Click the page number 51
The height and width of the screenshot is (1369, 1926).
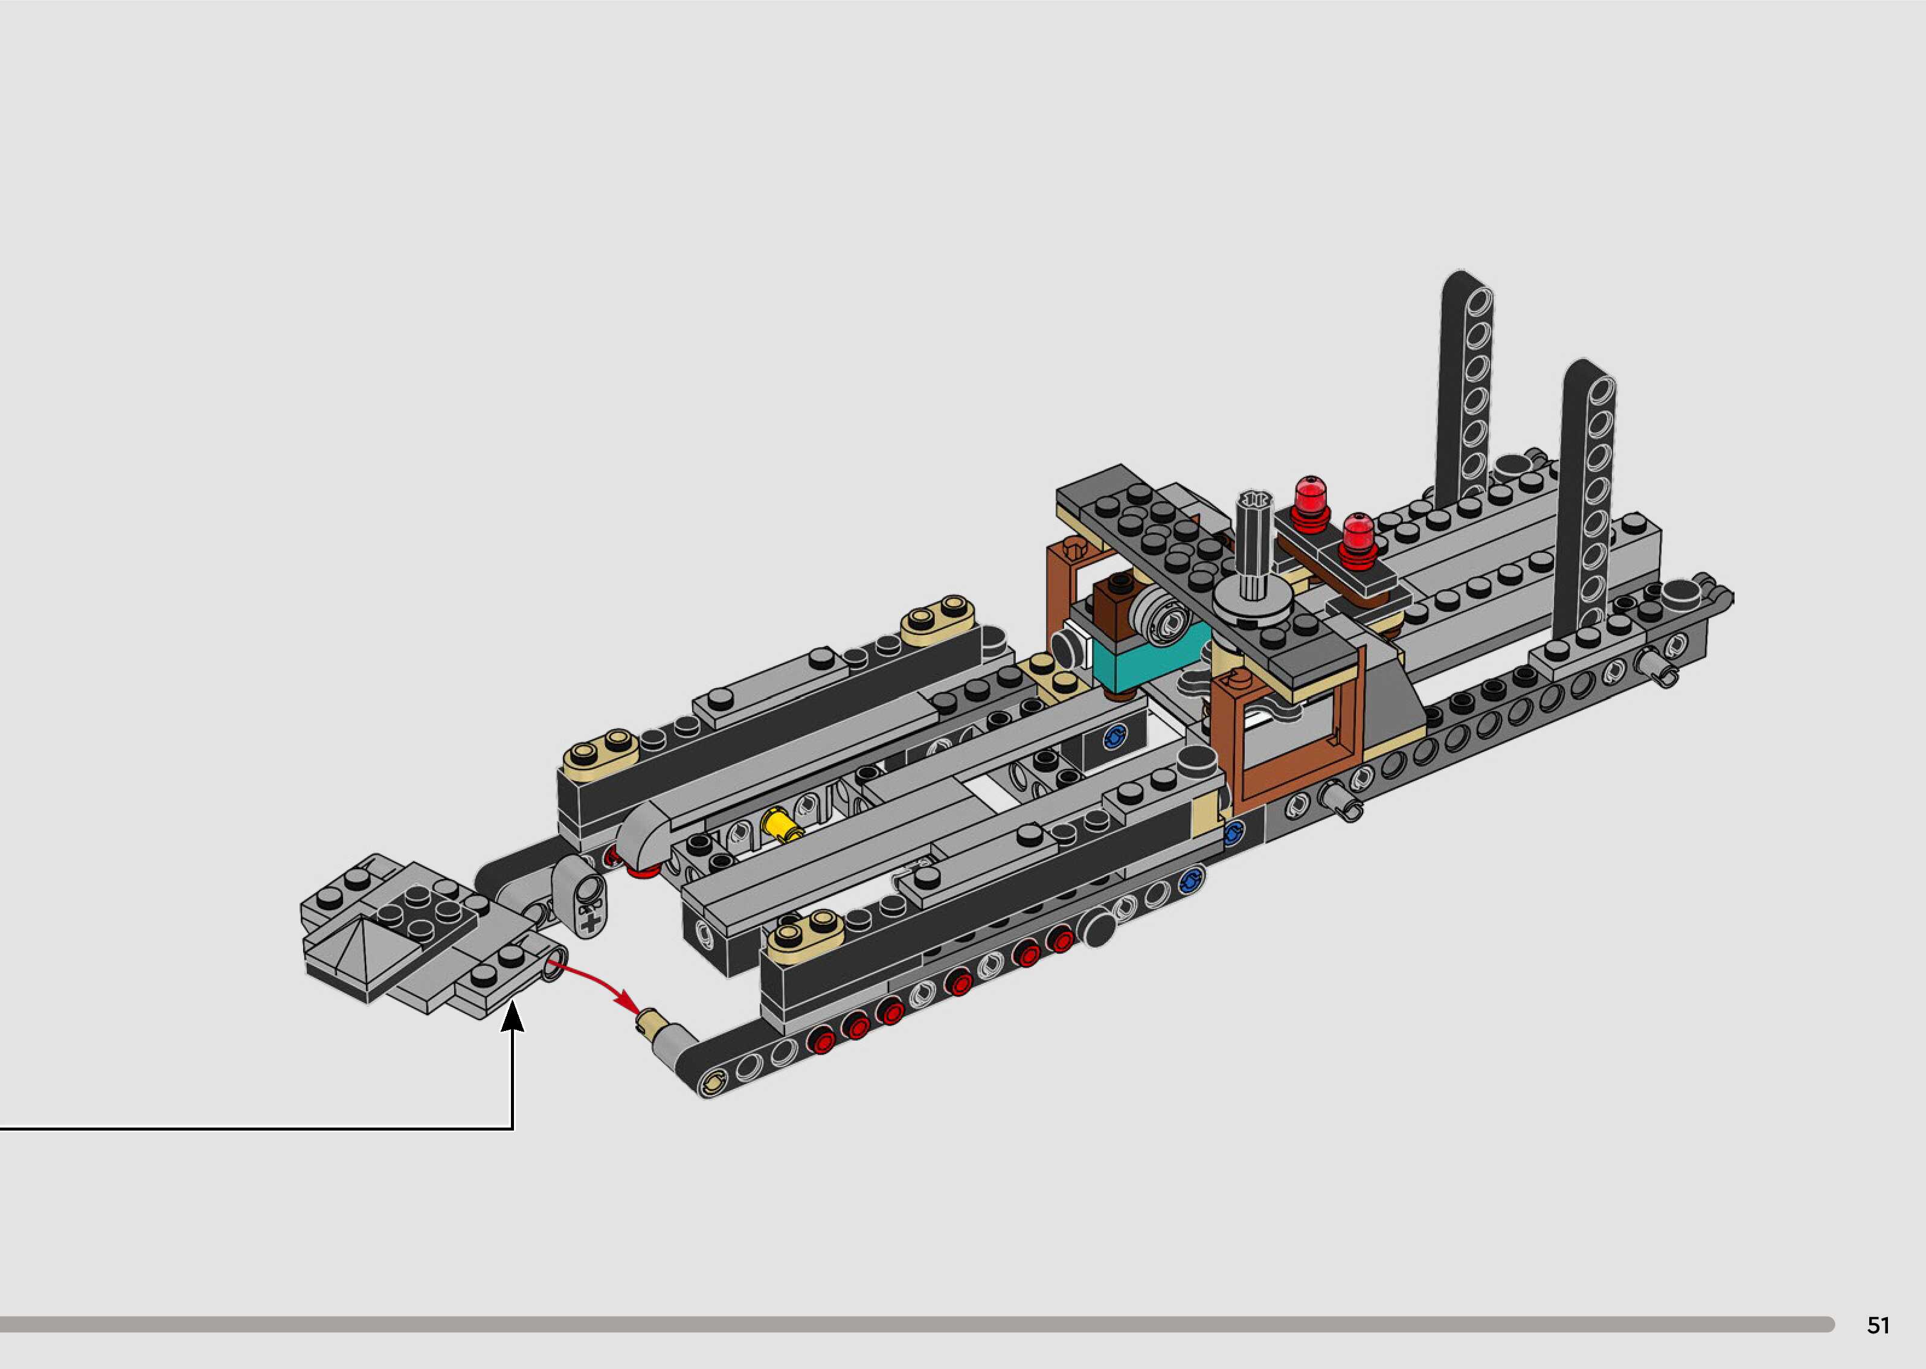[1878, 1325]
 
